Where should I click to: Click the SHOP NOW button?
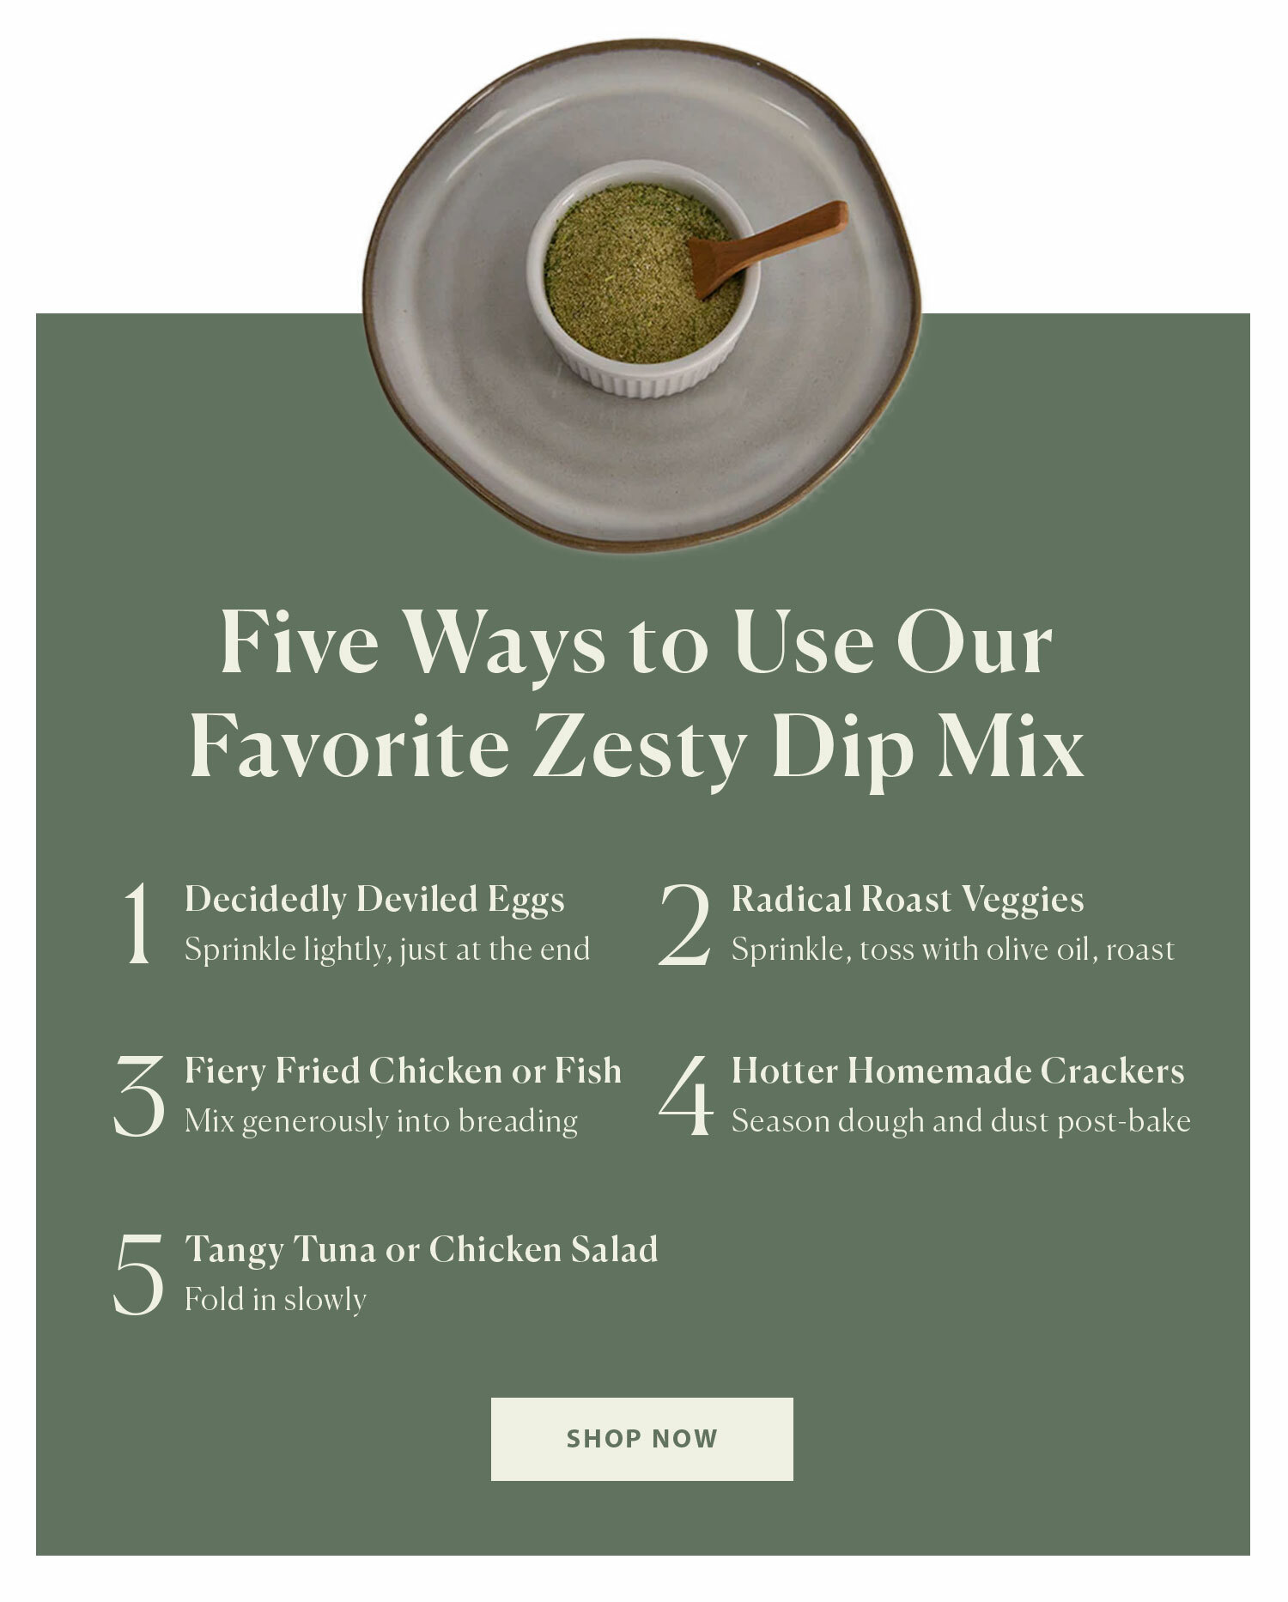coord(641,1439)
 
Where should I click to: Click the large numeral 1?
coord(137,925)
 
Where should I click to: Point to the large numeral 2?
coord(685,925)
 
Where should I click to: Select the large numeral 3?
coord(139,1096)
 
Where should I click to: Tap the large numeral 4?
coord(686,1096)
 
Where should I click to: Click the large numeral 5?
coord(138,1274)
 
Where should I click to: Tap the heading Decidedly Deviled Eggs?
coord(374,900)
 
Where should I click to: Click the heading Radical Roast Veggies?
coord(908,900)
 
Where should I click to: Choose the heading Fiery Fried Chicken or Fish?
coord(403,1071)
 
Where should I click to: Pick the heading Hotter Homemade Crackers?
coord(957,1071)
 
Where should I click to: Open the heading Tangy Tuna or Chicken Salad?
coord(422,1250)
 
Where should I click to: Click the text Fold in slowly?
coord(276,1299)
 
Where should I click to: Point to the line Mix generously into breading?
coord(381,1121)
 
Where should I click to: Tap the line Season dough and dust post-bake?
coord(961,1121)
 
